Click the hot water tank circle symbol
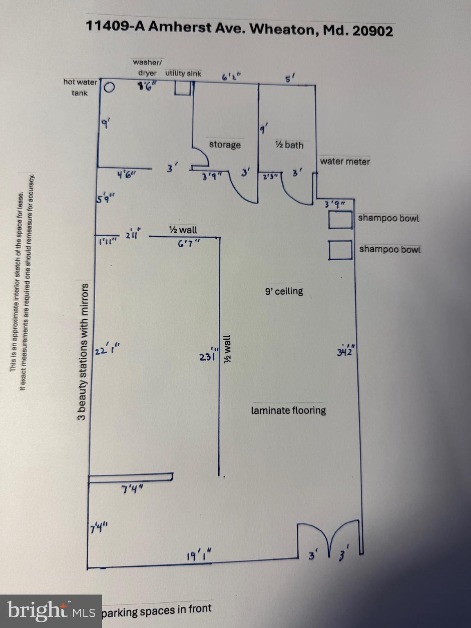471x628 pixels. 109,87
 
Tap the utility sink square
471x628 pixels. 182,88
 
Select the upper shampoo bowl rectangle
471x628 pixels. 340,220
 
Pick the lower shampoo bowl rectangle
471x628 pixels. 340,250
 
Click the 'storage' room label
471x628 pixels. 224,145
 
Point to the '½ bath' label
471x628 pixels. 289,145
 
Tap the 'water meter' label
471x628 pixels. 345,161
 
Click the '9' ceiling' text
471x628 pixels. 284,292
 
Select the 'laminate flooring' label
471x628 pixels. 288,410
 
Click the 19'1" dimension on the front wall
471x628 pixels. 199,556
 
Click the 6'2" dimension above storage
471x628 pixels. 231,77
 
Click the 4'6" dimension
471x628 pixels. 127,175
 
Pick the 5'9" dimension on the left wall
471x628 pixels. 105,199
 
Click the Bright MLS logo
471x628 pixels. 51,611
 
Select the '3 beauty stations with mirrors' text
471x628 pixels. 83,352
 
